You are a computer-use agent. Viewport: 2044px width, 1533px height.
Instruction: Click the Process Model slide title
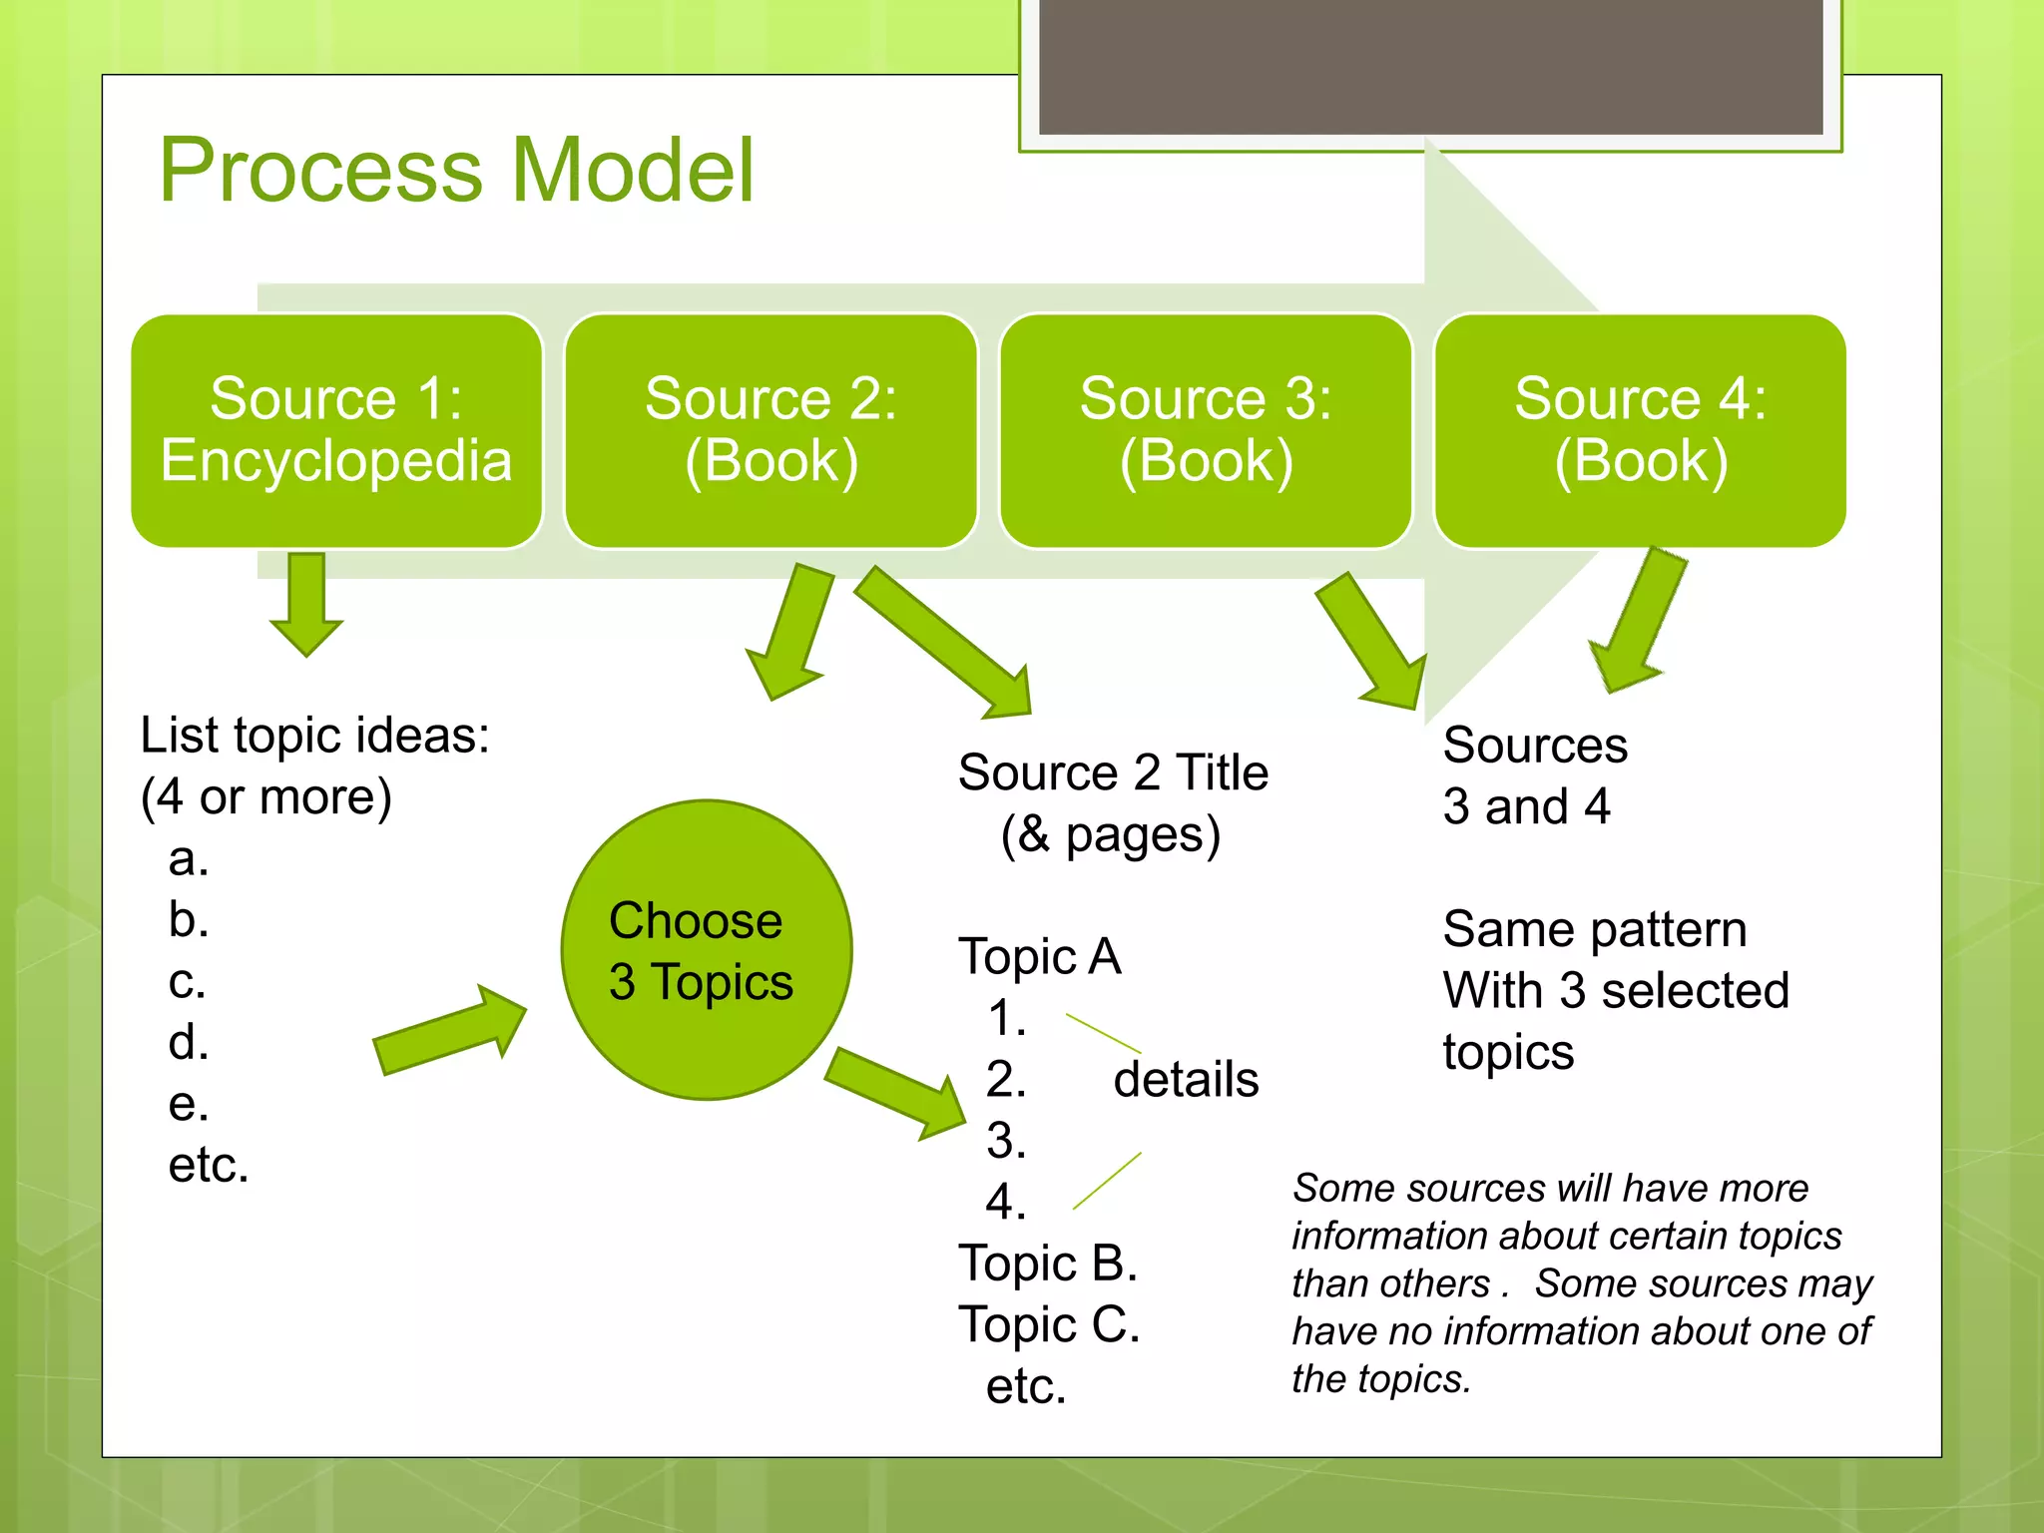point(456,171)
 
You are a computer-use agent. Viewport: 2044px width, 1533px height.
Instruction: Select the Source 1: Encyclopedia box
point(336,431)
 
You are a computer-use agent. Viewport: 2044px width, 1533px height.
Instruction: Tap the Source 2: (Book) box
point(770,431)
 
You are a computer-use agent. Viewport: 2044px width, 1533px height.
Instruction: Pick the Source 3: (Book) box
point(1206,431)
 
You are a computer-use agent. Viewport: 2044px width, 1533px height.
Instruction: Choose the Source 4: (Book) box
point(1640,431)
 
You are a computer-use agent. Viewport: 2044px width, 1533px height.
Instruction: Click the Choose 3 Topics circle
point(706,950)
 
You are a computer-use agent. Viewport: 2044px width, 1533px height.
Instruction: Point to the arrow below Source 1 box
point(306,603)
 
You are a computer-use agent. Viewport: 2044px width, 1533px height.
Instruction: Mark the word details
point(1186,1080)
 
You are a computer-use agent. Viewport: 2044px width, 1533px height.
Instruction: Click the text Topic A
point(1039,957)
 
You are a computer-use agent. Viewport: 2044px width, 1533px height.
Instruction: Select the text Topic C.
point(1048,1325)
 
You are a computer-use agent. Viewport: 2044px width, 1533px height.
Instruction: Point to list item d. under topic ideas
point(189,1042)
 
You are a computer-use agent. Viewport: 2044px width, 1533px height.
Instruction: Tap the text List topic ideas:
point(314,736)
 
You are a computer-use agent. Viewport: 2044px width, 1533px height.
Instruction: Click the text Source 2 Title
point(1113,773)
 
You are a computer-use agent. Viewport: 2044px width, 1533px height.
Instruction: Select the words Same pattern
point(1594,929)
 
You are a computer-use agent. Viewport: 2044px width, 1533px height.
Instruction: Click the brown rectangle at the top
point(1430,66)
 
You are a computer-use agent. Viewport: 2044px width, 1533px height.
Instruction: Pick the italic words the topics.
point(1380,1379)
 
